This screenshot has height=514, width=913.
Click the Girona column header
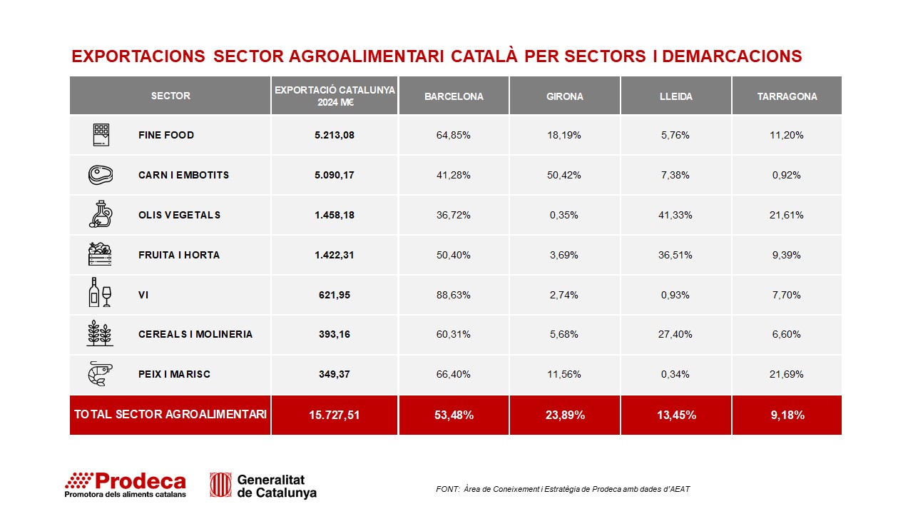(564, 96)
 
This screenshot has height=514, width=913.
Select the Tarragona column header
(787, 96)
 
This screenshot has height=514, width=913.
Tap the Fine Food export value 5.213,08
(335, 135)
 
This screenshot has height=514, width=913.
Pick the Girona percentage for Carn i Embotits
(564, 175)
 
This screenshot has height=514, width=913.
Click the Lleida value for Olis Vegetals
(675, 215)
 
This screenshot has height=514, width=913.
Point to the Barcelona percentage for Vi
(453, 295)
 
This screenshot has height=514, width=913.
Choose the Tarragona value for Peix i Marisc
(787, 374)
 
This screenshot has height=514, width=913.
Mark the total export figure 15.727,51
(335, 415)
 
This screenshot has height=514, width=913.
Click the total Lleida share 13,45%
(676, 415)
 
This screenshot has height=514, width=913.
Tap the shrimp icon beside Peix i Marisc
(101, 373)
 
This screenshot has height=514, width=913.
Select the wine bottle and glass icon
(100, 292)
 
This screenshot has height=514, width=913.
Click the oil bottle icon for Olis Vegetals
(101, 213)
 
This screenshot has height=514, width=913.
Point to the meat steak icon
(101, 175)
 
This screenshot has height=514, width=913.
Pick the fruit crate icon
(100, 253)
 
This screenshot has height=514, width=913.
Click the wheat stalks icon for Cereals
(100, 333)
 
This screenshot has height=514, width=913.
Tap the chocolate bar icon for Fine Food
(101, 135)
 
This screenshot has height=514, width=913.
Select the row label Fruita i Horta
(179, 255)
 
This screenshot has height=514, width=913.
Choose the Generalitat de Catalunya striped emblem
(220, 485)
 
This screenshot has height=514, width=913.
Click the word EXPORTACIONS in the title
(138, 56)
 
